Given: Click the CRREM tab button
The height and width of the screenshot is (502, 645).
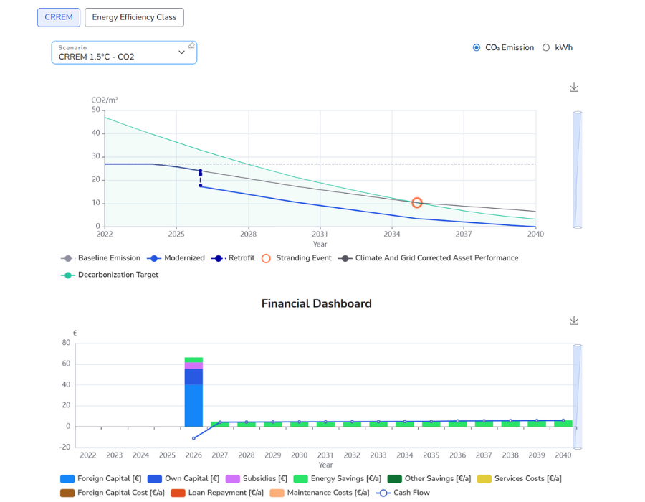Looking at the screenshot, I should (59, 17).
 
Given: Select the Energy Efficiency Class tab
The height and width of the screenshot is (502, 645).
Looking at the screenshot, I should (134, 17).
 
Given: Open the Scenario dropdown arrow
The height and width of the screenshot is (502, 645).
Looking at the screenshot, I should (181, 52).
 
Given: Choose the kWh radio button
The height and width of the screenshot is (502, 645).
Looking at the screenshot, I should (546, 48).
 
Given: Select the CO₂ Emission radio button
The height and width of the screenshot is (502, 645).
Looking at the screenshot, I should (477, 48).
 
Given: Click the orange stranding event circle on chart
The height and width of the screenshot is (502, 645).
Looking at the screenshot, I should (416, 203).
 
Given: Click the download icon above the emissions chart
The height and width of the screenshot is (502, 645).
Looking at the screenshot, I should (574, 87).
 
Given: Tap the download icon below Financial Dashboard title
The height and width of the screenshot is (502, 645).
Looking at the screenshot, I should (574, 321).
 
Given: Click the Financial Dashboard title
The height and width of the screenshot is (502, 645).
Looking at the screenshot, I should (316, 303).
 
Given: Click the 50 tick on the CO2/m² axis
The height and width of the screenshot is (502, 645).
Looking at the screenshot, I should (96, 110).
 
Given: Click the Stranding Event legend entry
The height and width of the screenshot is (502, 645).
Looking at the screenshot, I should (296, 258).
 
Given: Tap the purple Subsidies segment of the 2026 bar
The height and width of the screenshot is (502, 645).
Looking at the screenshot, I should (193, 366).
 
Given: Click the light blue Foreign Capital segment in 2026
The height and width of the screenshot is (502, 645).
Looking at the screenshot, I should (193, 405).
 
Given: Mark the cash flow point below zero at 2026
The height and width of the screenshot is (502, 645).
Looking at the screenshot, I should (193, 438).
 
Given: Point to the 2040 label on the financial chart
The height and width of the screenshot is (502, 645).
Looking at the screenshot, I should (563, 455).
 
